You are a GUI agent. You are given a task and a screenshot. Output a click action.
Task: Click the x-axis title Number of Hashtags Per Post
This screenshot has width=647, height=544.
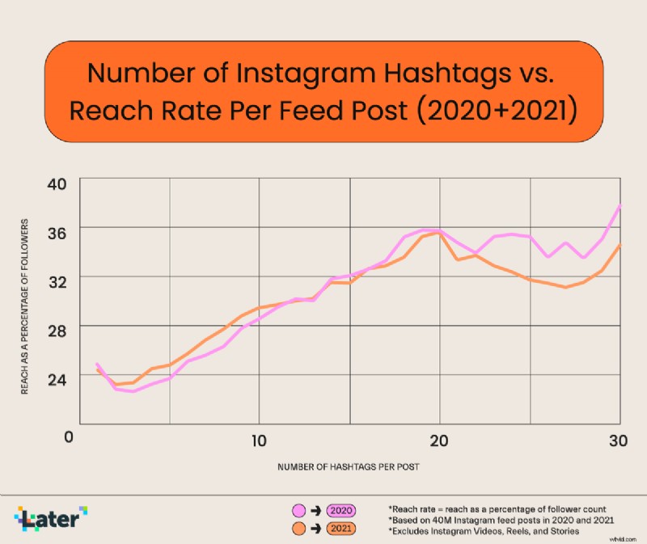point(349,467)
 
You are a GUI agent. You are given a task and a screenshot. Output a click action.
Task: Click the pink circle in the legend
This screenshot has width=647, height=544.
point(298,510)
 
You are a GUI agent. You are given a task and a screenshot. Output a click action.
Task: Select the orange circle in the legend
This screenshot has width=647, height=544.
point(298,529)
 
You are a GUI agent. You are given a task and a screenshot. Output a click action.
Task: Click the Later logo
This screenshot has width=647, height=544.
point(51,518)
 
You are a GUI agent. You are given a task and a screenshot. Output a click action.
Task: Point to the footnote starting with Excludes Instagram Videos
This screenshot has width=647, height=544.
point(484,530)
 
